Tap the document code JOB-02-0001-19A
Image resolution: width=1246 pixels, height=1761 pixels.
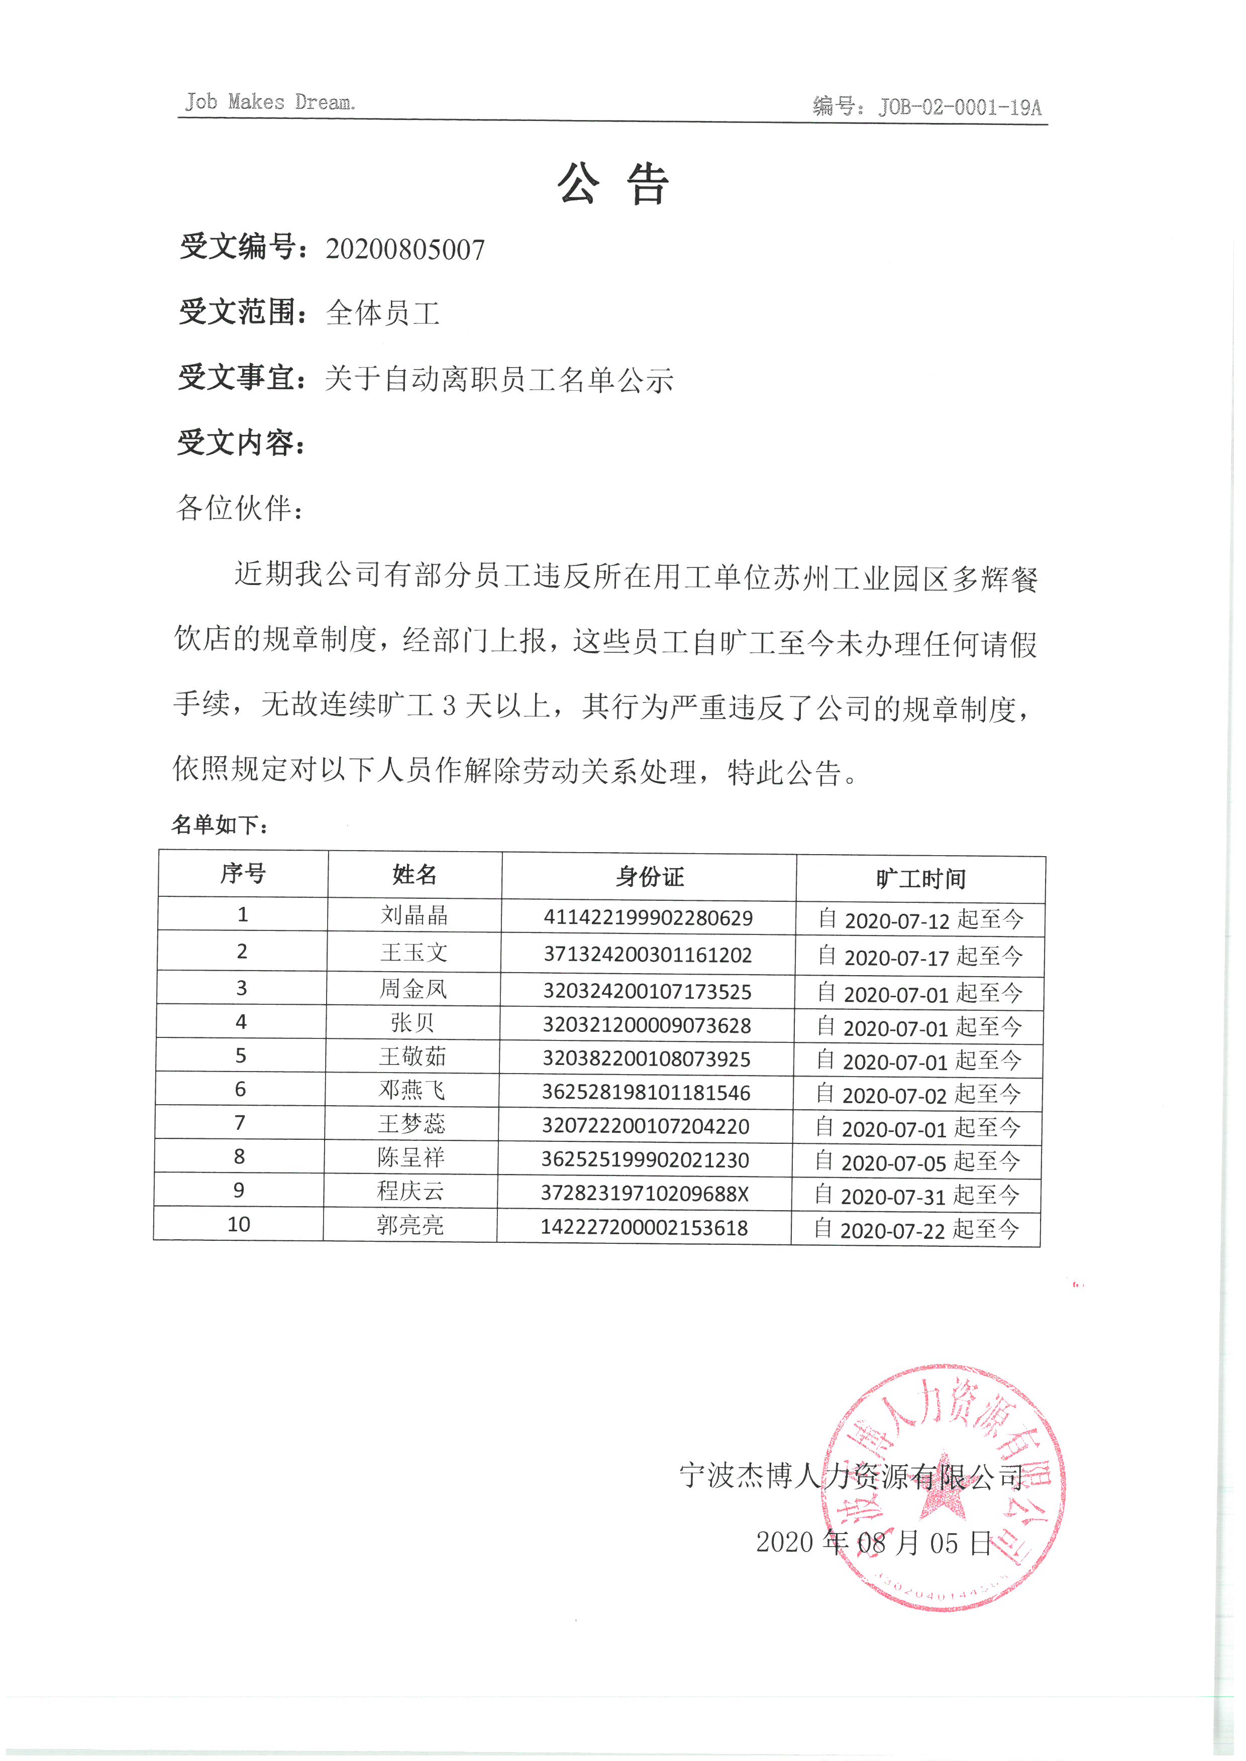(959, 106)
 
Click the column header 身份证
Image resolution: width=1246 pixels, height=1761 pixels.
(649, 877)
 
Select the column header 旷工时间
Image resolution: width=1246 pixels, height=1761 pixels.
(921, 879)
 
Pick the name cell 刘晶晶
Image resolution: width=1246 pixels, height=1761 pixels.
(414, 915)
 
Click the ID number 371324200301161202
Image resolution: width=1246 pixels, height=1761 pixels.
(648, 955)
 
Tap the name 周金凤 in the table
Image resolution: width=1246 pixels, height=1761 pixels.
(413, 989)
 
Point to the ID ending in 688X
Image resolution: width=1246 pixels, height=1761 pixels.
(645, 1194)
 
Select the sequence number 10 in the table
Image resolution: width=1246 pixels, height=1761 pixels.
(239, 1224)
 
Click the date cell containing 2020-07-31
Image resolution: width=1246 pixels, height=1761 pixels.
(917, 1196)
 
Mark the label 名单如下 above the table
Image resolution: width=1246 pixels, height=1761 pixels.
(220, 826)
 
